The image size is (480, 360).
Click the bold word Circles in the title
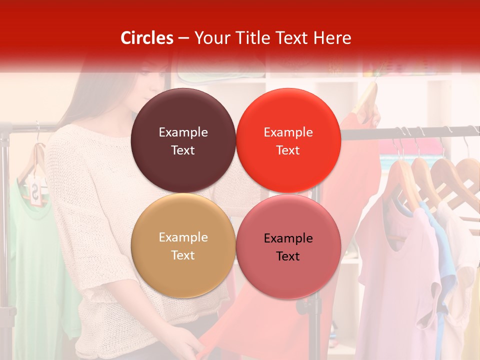click(146, 38)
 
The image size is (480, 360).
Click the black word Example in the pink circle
click(288, 238)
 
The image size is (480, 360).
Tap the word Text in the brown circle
click(183, 150)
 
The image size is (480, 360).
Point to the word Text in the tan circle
click(183, 255)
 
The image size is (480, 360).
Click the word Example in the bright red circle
click(288, 132)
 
